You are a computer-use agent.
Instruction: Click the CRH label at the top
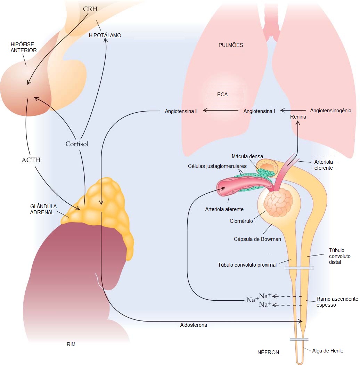[90, 8]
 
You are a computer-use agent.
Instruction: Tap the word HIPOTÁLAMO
[105, 35]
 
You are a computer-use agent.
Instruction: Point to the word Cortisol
[77, 144]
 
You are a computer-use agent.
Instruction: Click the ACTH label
[31, 160]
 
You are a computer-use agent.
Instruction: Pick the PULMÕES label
[231, 45]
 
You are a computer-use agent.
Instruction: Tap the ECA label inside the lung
[222, 94]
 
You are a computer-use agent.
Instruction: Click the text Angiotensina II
[181, 111]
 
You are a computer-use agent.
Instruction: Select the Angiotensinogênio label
[330, 111]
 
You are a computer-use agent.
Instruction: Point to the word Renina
[298, 117]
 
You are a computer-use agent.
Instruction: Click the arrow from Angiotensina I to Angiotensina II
[221, 111]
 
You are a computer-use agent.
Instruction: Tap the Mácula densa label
[247, 156]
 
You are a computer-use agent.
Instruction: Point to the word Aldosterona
[194, 325]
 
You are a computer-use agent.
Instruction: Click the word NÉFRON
[268, 352]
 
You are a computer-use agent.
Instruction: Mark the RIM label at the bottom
[71, 345]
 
